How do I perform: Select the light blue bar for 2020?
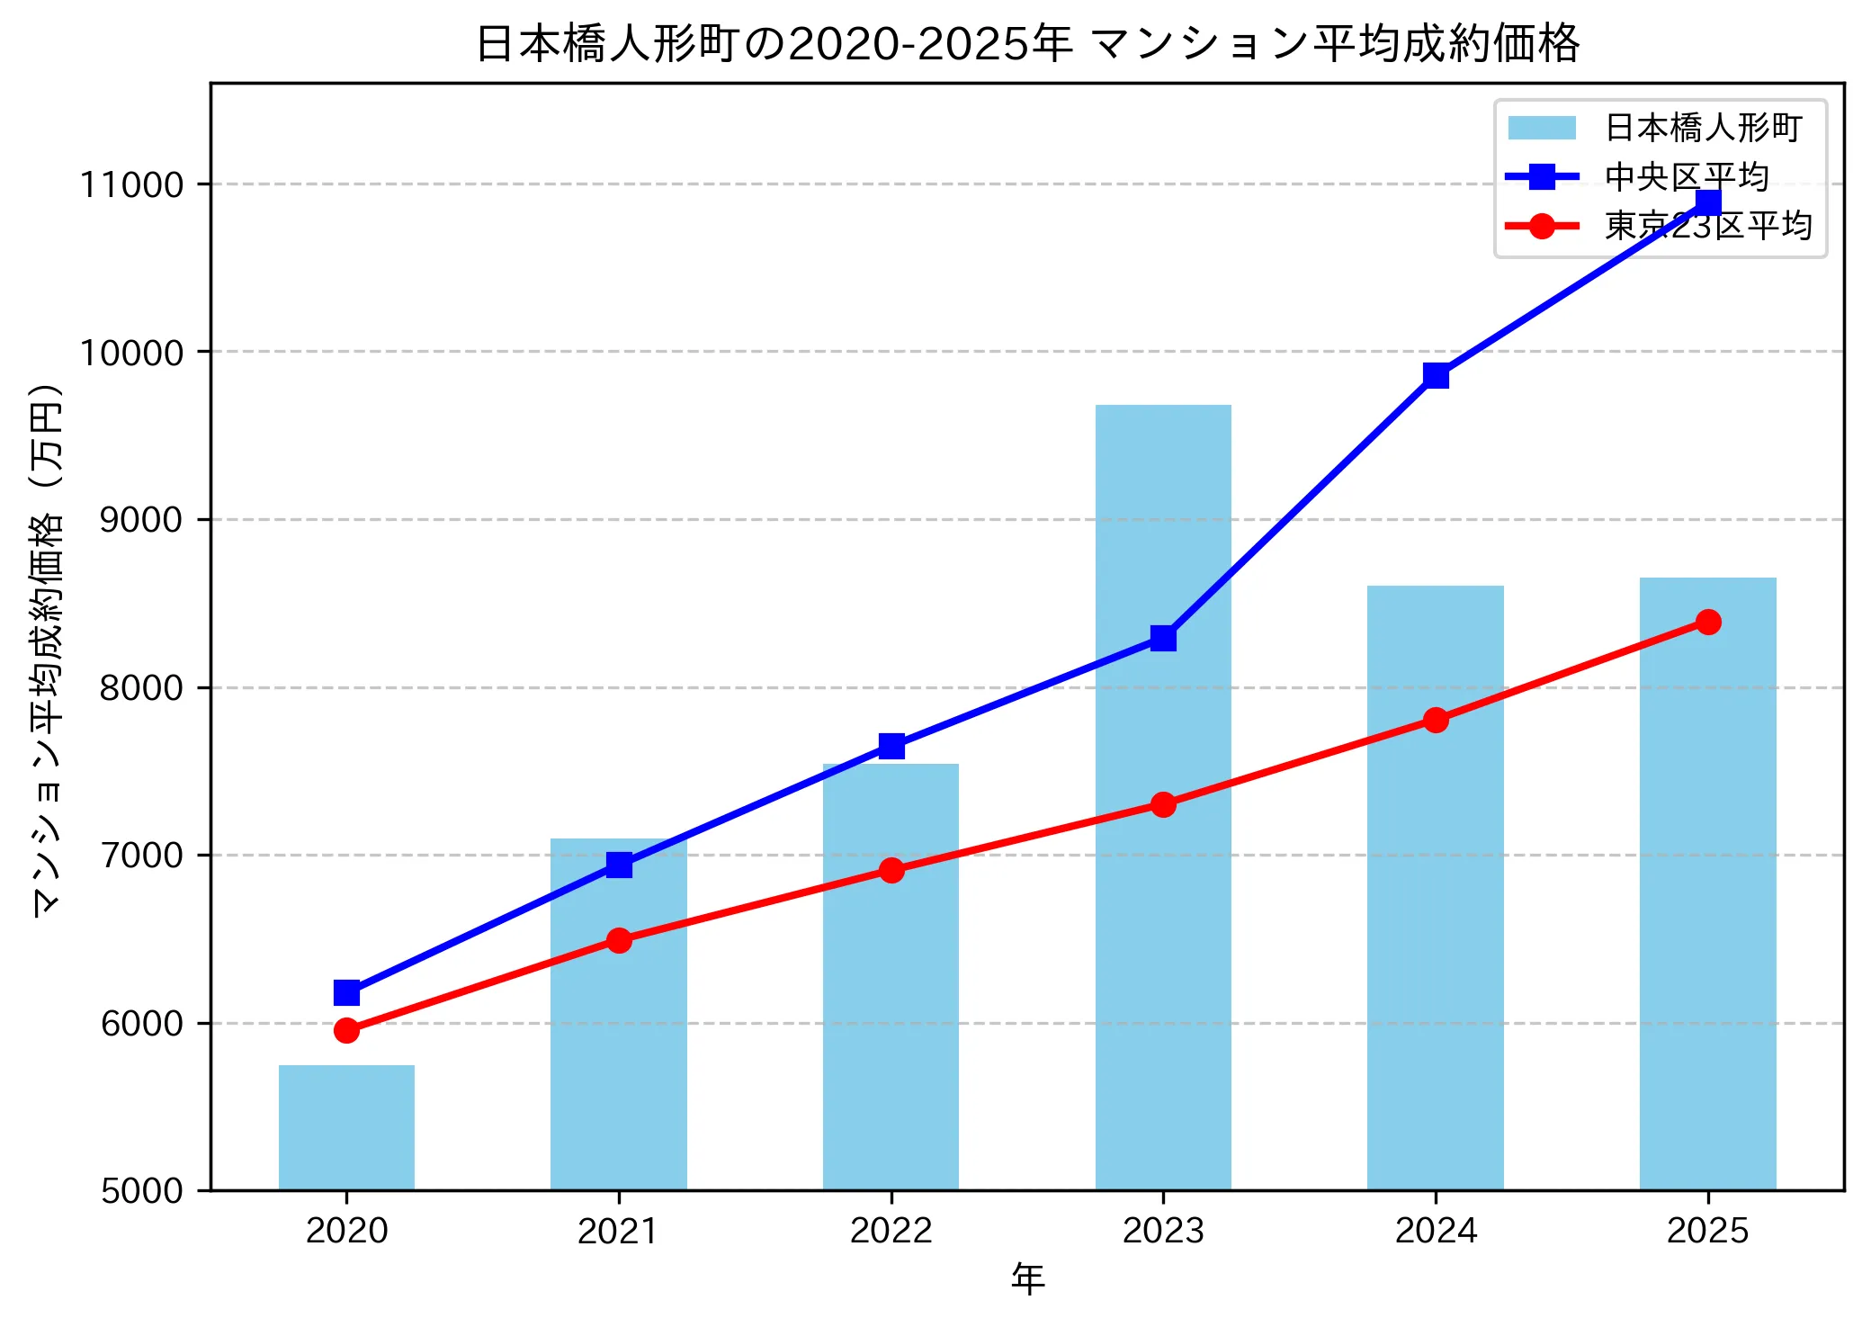pos(346,1128)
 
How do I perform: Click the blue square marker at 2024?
pos(1436,375)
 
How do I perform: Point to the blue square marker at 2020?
pos(346,992)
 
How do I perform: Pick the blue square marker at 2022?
pos(891,746)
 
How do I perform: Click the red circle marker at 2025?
pos(1708,622)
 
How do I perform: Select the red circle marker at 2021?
pos(619,940)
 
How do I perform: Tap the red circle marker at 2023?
pos(1163,804)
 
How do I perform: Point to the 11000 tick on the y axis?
pos(132,184)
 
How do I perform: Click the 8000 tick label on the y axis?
pos(141,687)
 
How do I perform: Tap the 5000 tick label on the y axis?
pos(141,1190)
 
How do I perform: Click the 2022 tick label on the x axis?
pos(891,1231)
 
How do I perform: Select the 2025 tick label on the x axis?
pos(1707,1231)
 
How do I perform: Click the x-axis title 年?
pos(1027,1278)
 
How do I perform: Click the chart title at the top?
pos(1027,43)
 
